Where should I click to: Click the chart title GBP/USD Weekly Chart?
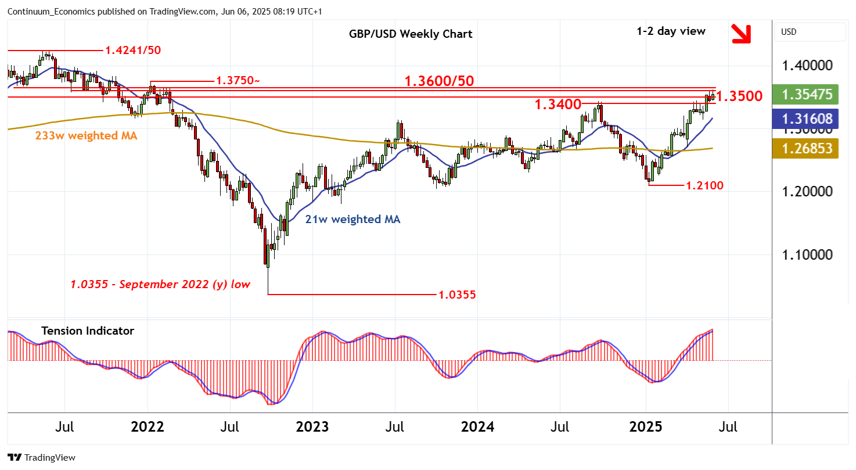(x=411, y=34)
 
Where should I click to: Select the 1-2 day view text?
(x=671, y=31)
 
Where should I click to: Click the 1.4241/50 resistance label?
(x=132, y=50)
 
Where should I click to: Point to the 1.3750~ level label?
(x=235, y=81)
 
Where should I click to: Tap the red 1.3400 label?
(x=558, y=105)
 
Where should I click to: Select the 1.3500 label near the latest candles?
(x=739, y=96)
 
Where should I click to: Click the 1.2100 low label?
(x=704, y=186)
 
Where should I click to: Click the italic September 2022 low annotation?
(x=160, y=284)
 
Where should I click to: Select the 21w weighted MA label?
(x=353, y=220)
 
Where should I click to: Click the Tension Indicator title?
(x=88, y=331)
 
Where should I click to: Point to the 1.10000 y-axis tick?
(x=807, y=254)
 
